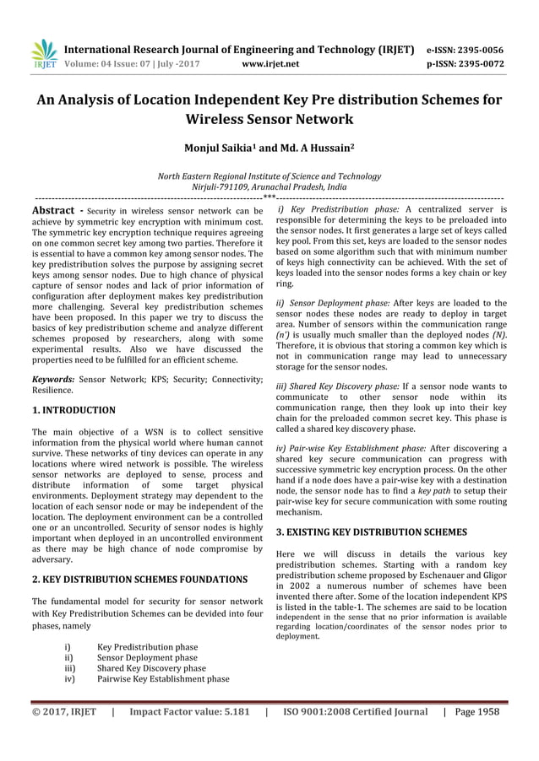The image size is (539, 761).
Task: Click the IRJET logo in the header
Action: [43, 53]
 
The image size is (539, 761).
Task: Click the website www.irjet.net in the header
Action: [269, 62]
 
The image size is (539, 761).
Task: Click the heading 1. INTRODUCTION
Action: [73, 410]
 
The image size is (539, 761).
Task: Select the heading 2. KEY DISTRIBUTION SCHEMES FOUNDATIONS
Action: [139, 580]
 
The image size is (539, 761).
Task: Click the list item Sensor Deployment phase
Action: [147, 657]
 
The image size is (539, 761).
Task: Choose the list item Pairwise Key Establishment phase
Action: [162, 677]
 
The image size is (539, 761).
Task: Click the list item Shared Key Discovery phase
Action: [151, 667]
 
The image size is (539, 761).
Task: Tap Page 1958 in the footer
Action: [476, 711]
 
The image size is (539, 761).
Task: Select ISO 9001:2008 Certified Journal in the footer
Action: [355, 711]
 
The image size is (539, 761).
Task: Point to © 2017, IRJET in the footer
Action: [65, 711]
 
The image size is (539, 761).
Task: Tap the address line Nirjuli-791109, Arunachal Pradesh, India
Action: [269, 187]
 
